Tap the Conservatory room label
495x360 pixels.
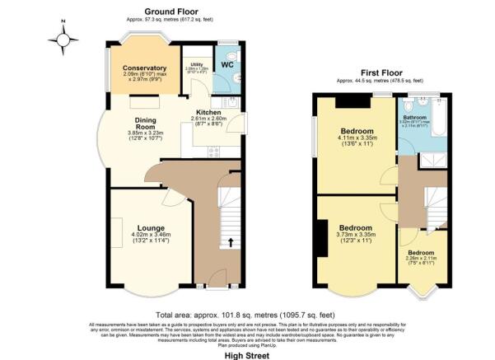click(144, 68)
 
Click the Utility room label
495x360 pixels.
click(197, 63)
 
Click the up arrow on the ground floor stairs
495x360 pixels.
click(230, 242)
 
